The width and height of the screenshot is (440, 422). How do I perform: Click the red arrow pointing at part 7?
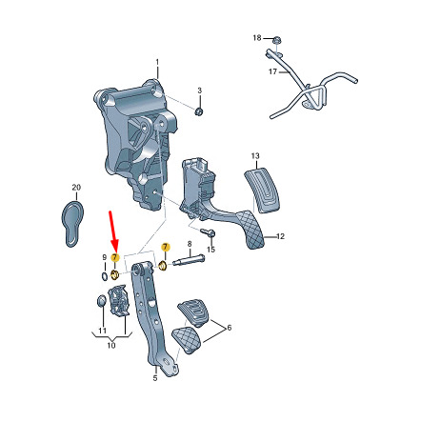[112, 231]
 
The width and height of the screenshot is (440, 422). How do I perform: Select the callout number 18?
[257, 38]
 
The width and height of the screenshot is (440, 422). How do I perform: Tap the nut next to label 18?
[276, 40]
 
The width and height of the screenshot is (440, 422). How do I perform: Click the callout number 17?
[272, 71]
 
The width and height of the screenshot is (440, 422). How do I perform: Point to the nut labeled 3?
[199, 111]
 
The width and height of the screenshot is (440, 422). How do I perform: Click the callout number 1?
[157, 62]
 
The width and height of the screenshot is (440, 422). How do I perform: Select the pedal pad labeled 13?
[263, 191]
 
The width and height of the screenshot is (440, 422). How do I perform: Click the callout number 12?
[280, 236]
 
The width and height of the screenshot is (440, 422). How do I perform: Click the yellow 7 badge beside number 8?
[165, 247]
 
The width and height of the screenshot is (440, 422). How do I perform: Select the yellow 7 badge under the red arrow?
[114, 257]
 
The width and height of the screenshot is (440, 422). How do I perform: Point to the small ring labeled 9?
[104, 276]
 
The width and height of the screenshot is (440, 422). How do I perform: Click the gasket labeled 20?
[72, 224]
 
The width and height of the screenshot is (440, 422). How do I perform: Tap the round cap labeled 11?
[101, 301]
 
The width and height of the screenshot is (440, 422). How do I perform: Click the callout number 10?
[111, 345]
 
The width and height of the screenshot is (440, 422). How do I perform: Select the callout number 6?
[229, 328]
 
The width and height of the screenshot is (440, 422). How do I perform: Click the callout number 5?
[155, 378]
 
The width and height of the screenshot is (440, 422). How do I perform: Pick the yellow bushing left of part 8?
[163, 266]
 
